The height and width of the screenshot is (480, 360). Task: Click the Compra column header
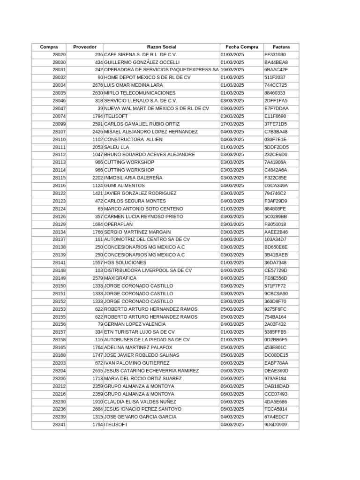click(49, 47)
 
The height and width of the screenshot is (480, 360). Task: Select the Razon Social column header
click(161, 47)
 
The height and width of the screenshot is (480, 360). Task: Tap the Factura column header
click(281, 47)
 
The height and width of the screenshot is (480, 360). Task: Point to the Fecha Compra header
click(241, 47)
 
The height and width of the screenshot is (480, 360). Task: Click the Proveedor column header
click(85, 47)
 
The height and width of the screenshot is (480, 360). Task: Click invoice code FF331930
click(275, 54)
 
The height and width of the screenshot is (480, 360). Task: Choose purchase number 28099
click(59, 124)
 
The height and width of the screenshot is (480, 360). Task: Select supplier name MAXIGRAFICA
click(119, 278)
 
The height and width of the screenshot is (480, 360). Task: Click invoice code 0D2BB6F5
click(276, 340)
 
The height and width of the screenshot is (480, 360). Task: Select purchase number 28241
click(59, 425)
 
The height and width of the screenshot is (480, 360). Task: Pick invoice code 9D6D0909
click(276, 425)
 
